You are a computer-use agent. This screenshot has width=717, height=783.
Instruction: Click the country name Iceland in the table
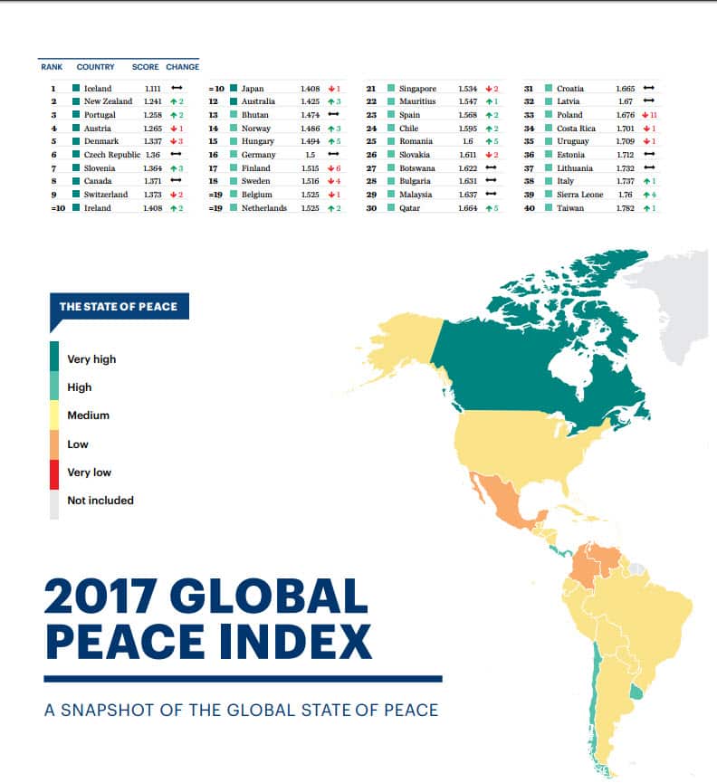coord(98,89)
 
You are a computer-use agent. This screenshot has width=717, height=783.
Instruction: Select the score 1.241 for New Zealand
coord(151,101)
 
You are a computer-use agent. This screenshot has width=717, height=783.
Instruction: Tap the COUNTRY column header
coord(95,67)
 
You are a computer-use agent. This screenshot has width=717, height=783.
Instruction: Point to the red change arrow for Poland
coord(645,115)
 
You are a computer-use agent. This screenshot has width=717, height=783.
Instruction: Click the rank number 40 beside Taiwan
coord(530,208)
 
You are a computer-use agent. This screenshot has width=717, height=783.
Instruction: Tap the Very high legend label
coord(91,359)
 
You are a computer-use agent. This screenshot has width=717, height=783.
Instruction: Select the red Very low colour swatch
coord(54,473)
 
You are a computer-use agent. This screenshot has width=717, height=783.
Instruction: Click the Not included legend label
coord(100,501)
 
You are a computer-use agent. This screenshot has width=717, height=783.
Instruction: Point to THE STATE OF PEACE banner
coord(118,307)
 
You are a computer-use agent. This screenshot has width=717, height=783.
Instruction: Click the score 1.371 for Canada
coord(151,181)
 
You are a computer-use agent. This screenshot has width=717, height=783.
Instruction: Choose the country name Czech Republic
coord(111,155)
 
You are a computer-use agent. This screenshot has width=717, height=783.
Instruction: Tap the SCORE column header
coord(145,67)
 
